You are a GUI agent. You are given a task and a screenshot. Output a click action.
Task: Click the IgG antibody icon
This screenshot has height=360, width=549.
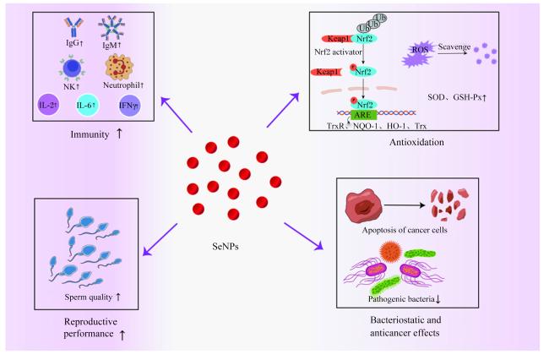[73, 27]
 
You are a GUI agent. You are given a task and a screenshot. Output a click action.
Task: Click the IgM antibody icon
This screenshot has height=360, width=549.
[111, 27]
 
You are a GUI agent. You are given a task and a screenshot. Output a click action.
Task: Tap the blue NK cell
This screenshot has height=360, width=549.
[72, 68]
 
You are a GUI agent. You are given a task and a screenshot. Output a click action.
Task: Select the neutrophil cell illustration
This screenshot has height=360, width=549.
[119, 68]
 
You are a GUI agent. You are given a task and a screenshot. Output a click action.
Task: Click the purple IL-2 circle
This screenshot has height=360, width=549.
[48, 105]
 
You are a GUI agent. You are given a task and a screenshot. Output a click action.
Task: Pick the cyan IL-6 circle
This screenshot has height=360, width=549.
[88, 105]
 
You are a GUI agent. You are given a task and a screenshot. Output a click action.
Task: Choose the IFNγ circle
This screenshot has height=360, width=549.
[129, 105]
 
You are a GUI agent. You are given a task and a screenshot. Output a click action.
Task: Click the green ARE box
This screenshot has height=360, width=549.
[362, 115]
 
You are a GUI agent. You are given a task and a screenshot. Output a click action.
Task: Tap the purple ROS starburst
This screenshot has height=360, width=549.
[418, 54]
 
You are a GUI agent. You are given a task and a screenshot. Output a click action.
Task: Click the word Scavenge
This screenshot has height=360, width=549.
[454, 47]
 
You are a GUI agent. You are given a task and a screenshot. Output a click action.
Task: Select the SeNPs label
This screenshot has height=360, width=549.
[226, 247]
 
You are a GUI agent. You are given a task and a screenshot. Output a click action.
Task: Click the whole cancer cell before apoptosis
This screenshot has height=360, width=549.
[364, 207]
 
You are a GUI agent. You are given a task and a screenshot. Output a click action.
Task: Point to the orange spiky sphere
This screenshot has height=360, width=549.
[390, 252]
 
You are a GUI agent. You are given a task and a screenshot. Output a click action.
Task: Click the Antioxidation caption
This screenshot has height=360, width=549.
[416, 142]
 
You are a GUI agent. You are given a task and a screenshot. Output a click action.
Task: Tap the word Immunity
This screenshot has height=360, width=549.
[90, 134]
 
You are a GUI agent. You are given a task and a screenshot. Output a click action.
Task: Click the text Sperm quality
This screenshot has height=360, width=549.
[88, 297]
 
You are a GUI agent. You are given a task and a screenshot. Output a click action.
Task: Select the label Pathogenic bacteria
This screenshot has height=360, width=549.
[401, 298]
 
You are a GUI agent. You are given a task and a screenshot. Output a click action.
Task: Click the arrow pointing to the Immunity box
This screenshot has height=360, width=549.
[177, 115]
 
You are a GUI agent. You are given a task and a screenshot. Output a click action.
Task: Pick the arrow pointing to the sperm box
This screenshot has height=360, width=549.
[160, 239]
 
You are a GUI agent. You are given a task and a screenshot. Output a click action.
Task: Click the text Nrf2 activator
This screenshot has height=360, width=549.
[338, 52]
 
